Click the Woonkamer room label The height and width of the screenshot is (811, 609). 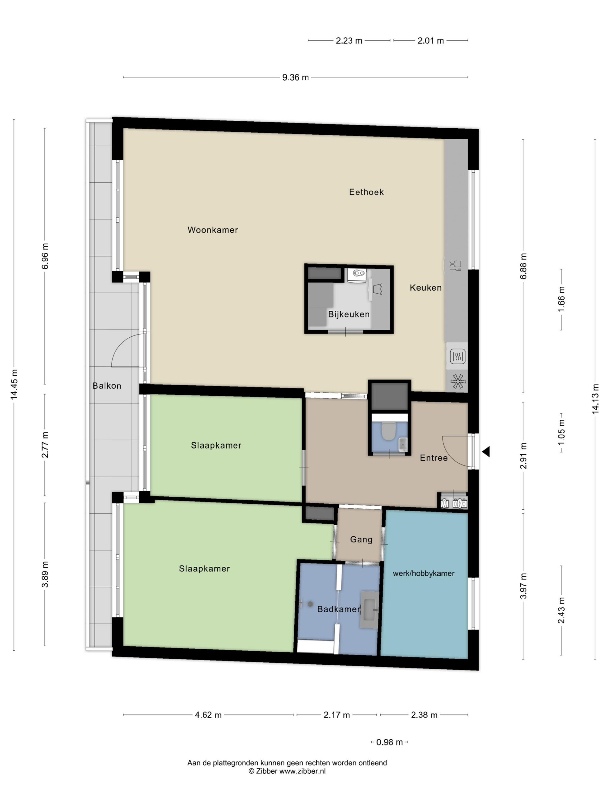point(213,230)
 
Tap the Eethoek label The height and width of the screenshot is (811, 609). point(366,192)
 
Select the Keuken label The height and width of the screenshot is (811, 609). point(425,288)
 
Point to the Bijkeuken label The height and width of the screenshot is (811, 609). point(349,314)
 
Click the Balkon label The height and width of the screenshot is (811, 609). point(107,386)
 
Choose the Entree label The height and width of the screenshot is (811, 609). point(434,458)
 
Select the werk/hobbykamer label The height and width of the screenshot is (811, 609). point(424,574)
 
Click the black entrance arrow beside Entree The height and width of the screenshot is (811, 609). point(486,452)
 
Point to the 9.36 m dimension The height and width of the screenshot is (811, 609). point(296,77)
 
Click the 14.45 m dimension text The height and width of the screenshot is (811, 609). point(14,385)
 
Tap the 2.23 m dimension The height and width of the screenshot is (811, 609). point(349,41)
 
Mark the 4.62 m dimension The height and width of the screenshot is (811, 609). point(208,715)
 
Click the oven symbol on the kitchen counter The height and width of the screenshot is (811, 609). point(458,356)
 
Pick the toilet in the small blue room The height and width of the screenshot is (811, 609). point(388,431)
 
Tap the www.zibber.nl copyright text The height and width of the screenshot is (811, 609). point(287,771)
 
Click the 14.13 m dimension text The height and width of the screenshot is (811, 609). point(595,399)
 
